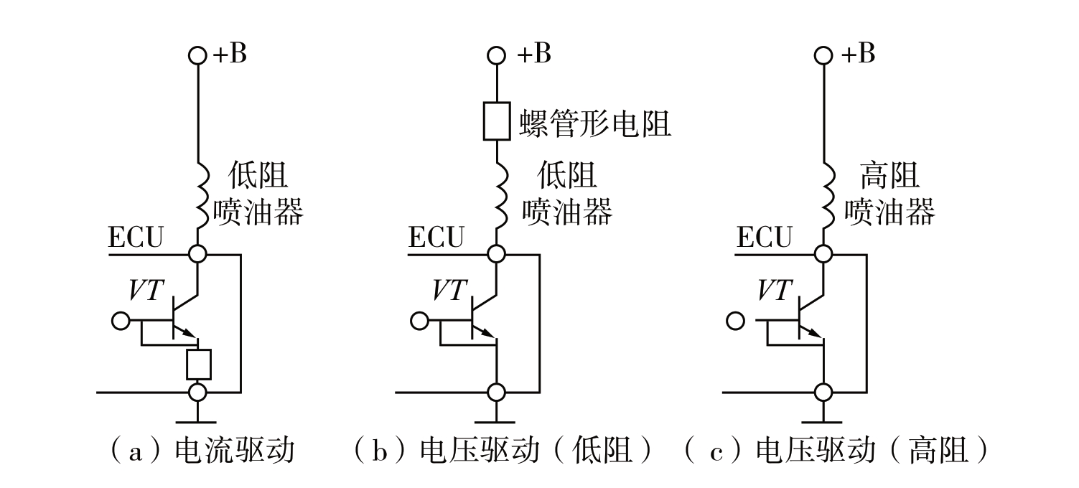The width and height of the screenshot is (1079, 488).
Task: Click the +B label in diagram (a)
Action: pyautogui.click(x=230, y=55)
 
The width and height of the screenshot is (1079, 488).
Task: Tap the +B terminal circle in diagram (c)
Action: pyautogui.click(x=824, y=55)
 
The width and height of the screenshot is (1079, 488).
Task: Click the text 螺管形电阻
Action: pyautogui.click(x=594, y=123)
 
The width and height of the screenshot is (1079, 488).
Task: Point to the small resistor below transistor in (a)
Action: pyautogui.click(x=198, y=365)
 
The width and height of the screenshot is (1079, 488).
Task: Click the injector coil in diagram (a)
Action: pyautogui.click(x=198, y=194)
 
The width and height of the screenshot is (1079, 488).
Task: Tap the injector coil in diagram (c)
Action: pyautogui.click(x=824, y=194)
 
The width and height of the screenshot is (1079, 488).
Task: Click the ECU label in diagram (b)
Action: pyautogui.click(x=436, y=238)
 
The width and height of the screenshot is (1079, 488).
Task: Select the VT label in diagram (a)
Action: pyautogui.click(x=146, y=289)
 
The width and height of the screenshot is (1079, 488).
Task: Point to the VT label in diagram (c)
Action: pyautogui.click(x=775, y=289)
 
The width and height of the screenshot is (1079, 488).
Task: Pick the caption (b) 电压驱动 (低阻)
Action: pyautogui.click(x=505, y=451)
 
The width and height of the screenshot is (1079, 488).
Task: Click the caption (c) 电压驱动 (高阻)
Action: pyautogui.click(x=836, y=451)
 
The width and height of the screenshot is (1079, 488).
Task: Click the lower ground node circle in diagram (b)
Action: pyautogui.click(x=496, y=393)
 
